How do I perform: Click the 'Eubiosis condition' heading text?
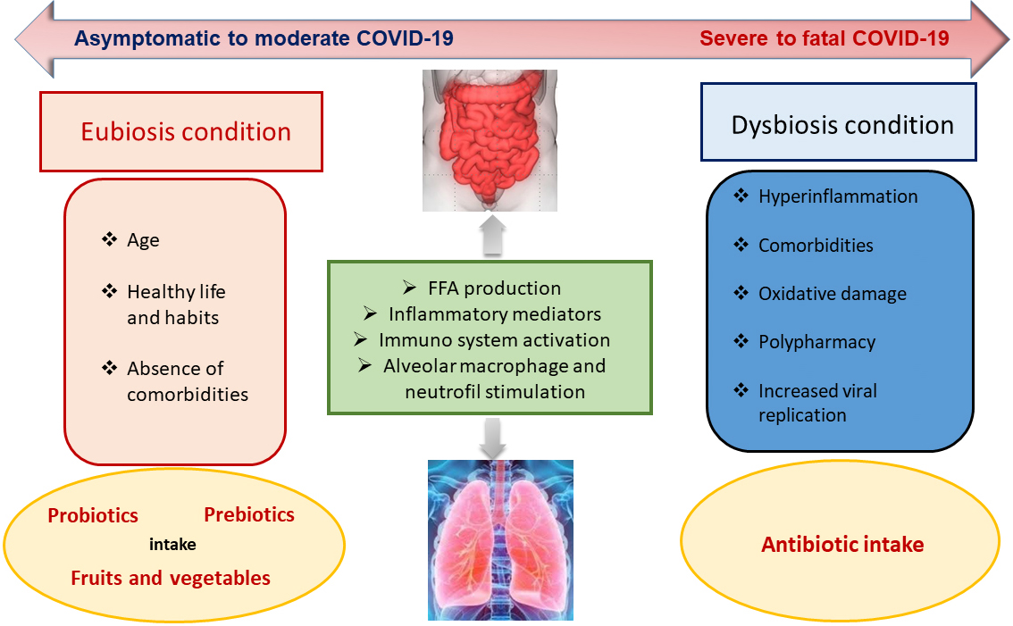[x=186, y=132]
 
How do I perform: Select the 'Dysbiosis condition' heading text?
[x=842, y=125]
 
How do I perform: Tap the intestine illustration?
[x=490, y=141]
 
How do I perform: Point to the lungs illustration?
[x=500, y=540]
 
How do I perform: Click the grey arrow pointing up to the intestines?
[x=493, y=235]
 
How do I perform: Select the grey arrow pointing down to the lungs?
[x=493, y=438]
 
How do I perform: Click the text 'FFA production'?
[x=494, y=288]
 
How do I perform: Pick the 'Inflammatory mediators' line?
[x=495, y=314]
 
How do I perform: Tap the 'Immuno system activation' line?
[x=494, y=340]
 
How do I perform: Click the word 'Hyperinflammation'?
[x=838, y=196]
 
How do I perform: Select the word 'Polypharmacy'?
[x=816, y=342]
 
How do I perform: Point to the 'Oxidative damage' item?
[x=833, y=294]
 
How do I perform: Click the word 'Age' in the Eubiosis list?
[x=143, y=240]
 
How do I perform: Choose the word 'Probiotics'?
[x=93, y=515]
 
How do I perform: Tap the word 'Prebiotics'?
[x=249, y=515]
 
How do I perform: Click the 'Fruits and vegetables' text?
[x=171, y=578]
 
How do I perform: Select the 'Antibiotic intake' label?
[x=842, y=545]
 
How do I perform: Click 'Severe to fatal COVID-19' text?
[x=825, y=38]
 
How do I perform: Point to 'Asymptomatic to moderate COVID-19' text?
[x=264, y=38]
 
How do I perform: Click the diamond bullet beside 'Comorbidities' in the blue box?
[x=741, y=244]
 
